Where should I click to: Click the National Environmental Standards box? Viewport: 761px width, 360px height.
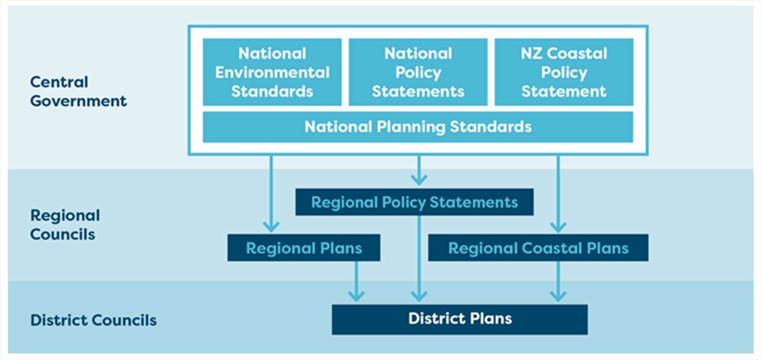point(272,72)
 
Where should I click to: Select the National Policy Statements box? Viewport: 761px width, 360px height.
point(418,72)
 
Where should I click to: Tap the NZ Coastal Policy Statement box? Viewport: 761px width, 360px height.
point(564,72)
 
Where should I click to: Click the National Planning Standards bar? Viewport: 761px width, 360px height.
point(418,127)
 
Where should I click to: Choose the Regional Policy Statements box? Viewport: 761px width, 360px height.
point(414,202)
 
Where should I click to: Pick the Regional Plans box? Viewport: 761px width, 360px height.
point(304,248)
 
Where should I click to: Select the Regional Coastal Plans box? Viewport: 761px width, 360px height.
point(538,248)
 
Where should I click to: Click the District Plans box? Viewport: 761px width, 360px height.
point(460,319)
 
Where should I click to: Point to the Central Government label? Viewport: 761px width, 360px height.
point(79,92)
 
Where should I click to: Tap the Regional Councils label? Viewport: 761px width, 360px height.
point(65,225)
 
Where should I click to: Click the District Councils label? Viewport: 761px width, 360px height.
point(93,320)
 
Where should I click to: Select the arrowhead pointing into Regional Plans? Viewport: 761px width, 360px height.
point(271,226)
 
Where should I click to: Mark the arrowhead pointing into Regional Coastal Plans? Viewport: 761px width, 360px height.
point(558,226)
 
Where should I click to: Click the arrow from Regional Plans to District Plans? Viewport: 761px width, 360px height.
point(356,281)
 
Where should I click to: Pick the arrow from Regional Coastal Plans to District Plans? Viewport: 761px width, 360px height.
point(558,281)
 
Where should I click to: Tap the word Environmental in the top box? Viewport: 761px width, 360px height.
point(272,72)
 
